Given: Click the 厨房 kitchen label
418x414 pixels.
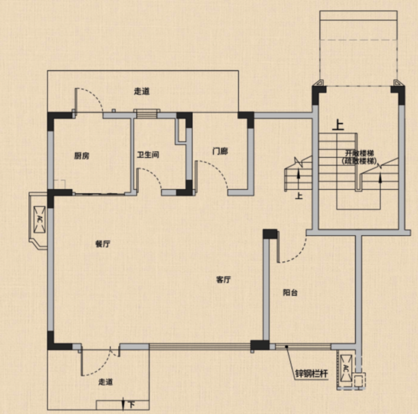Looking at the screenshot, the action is point(82,156).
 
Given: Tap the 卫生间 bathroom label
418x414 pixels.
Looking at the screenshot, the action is point(148,155).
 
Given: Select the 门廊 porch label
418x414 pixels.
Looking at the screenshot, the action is point(220,151).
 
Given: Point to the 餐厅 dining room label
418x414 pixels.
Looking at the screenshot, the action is point(103,244).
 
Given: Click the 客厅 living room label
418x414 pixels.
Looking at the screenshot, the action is point(223,280).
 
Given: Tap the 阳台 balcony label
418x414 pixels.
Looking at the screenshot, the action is point(290,293).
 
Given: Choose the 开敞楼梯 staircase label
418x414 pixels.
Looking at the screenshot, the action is point(359,153).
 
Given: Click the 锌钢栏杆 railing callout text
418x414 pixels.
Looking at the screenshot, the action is point(311,374).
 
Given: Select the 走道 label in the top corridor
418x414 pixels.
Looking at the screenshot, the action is point(142,91).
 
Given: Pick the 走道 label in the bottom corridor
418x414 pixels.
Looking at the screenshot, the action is point(106,382).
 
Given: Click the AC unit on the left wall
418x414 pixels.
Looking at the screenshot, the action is point(40,219).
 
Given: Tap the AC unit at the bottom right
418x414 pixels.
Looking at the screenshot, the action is point(346,368).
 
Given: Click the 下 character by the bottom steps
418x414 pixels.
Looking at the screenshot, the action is point(131,405).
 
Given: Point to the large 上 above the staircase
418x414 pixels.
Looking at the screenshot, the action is point(338,125).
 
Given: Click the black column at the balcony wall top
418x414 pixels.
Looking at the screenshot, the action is point(270,234).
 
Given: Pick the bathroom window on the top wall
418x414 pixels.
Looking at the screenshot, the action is point(147,113).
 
